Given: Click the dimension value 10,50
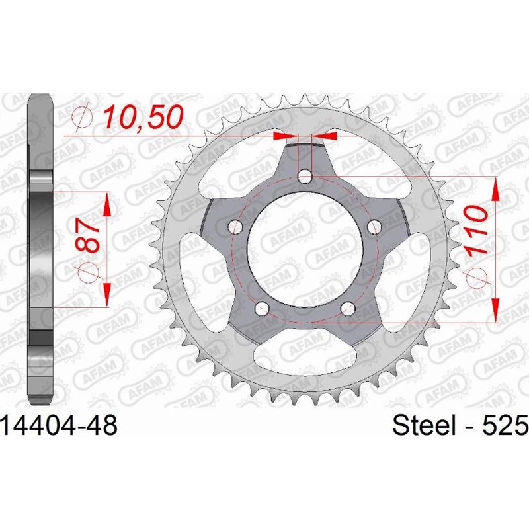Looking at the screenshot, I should tap(140, 118).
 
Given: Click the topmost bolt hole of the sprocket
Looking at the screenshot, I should tap(305, 176).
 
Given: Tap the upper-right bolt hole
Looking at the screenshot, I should tap(375, 227).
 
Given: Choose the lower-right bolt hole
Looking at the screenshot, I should tap(348, 307).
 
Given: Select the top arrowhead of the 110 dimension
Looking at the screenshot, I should tap(495, 188).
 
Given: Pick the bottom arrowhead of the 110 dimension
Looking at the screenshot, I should tap(495, 310).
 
